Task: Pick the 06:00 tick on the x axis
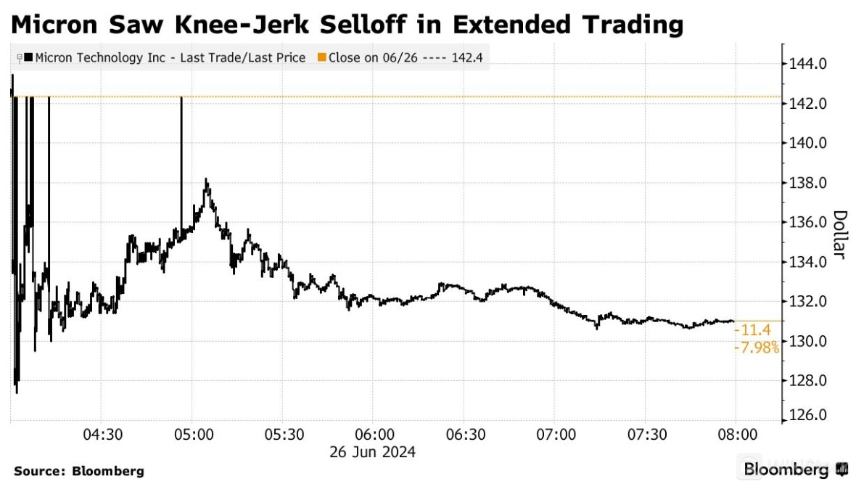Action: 374,435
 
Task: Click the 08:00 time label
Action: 737,435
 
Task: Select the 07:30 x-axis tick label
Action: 646,435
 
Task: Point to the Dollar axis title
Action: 839,235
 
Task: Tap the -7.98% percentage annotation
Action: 757,348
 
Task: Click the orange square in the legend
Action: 322,57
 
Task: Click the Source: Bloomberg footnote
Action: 79,472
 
